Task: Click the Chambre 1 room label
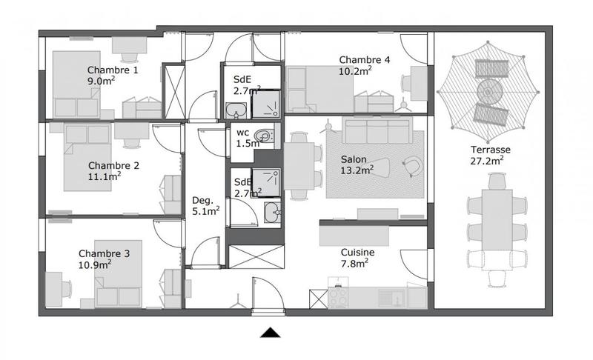(113, 70)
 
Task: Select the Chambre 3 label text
(104, 253)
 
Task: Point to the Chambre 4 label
(364, 60)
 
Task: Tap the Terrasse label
(490, 149)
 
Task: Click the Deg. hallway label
(202, 200)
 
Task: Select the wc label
(242, 133)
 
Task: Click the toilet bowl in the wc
(262, 136)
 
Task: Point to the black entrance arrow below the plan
(271, 333)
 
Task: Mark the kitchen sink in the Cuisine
(388, 296)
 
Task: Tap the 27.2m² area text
(487, 160)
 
